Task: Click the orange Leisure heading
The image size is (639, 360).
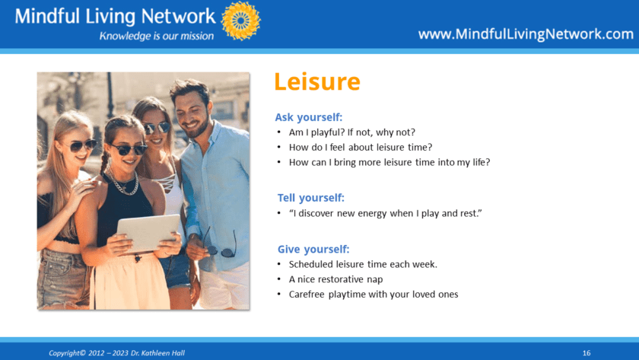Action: (x=317, y=81)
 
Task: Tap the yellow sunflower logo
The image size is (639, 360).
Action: (x=241, y=21)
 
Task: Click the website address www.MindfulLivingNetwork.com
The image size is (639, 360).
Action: (x=526, y=33)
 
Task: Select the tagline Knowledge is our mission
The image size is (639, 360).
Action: (x=157, y=36)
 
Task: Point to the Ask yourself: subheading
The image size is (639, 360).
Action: (x=309, y=117)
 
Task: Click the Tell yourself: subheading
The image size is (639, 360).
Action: (x=311, y=198)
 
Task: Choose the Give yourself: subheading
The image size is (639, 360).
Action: (x=313, y=249)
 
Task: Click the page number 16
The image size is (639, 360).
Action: (x=587, y=353)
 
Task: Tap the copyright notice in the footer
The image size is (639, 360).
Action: (x=117, y=353)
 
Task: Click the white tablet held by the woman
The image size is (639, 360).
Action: (x=148, y=233)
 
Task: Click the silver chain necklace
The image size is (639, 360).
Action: (x=124, y=183)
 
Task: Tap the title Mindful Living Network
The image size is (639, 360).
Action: (x=116, y=16)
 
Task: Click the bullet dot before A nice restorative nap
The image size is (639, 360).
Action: (x=279, y=279)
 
